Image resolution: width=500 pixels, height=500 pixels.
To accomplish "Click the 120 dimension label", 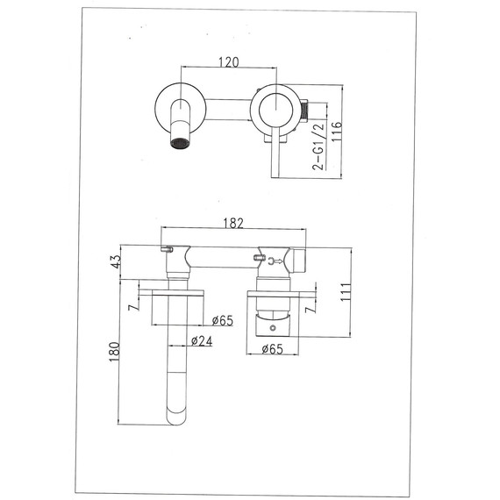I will click(229, 62).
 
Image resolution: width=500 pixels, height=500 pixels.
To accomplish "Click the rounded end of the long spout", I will click(172, 412).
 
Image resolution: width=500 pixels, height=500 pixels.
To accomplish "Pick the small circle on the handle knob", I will click(272, 329).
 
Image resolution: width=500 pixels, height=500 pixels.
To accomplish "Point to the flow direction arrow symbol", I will click(277, 260).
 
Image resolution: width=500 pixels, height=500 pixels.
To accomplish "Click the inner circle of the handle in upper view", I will click(275, 109).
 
